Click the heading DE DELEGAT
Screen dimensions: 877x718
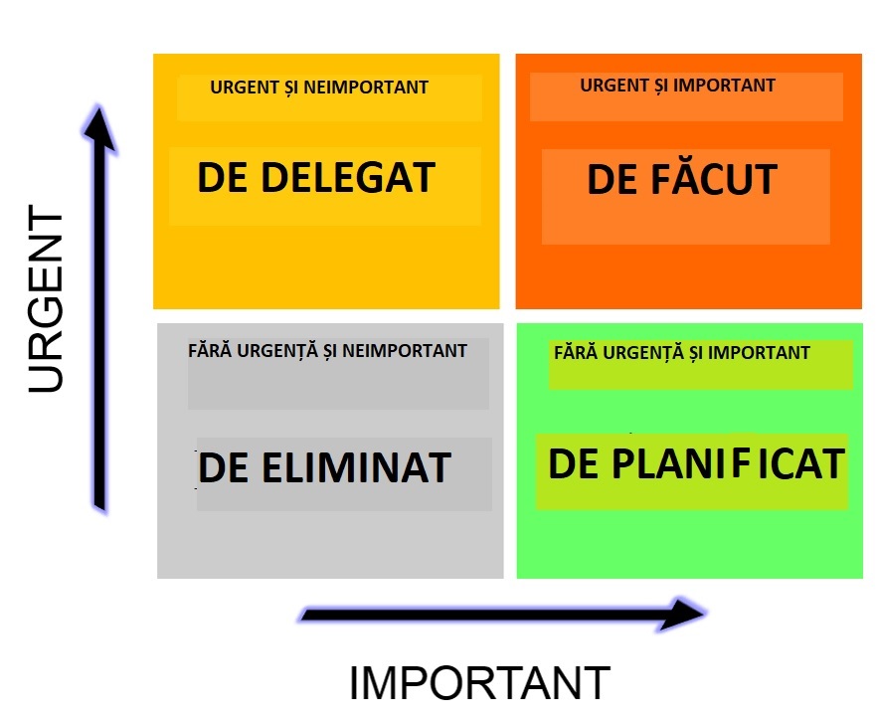coord(316,177)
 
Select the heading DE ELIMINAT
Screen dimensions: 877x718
coord(324,467)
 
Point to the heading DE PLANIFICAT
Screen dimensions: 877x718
coord(696,463)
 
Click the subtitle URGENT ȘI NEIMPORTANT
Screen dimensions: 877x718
coord(319,88)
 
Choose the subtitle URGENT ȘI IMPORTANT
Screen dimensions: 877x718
coord(677,86)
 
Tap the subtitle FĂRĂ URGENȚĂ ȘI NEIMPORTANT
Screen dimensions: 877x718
coord(327,351)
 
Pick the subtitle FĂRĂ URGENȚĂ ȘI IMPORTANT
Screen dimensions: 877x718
coord(682,353)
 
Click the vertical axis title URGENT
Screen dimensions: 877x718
coord(46,299)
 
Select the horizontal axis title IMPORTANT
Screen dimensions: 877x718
coord(479,683)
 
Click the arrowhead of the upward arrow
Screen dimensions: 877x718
coord(99,129)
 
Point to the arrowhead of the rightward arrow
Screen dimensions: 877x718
coord(682,614)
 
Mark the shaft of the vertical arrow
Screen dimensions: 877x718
coord(100,330)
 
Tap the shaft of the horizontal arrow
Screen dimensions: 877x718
coord(482,615)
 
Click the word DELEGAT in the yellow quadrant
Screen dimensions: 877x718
coord(348,177)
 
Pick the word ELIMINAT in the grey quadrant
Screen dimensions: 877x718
coord(356,467)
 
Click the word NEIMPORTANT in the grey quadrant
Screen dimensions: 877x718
coord(405,351)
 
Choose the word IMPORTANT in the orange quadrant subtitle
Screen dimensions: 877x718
coord(724,86)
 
